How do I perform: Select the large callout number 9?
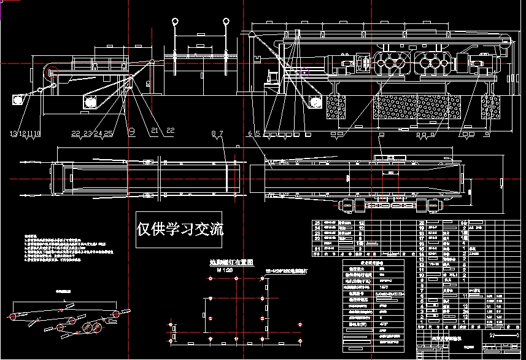131,130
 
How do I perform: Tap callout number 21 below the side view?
154,131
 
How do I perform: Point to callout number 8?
214,133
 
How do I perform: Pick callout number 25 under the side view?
109,133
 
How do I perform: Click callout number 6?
250,133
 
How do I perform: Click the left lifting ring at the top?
174,22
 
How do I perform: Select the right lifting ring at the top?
226,22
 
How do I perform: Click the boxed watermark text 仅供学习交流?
180,230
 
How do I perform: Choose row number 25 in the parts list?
317,223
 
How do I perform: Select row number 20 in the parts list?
421,223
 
